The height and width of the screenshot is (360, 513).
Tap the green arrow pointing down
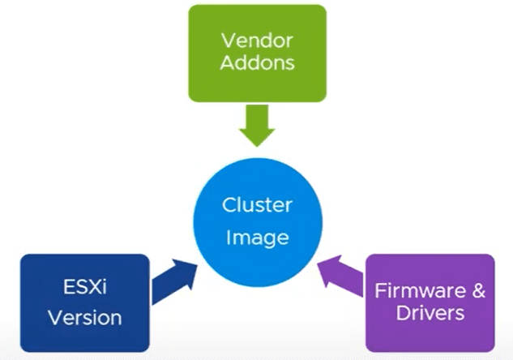pyautogui.click(x=257, y=124)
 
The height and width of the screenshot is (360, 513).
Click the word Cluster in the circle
pyautogui.click(x=257, y=205)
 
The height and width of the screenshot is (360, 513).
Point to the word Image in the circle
pyautogui.click(x=257, y=239)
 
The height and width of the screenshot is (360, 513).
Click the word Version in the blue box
pyautogui.click(x=84, y=316)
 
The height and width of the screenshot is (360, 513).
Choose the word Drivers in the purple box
pyautogui.click(x=430, y=313)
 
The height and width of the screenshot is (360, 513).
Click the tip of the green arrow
pyautogui.click(x=257, y=146)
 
